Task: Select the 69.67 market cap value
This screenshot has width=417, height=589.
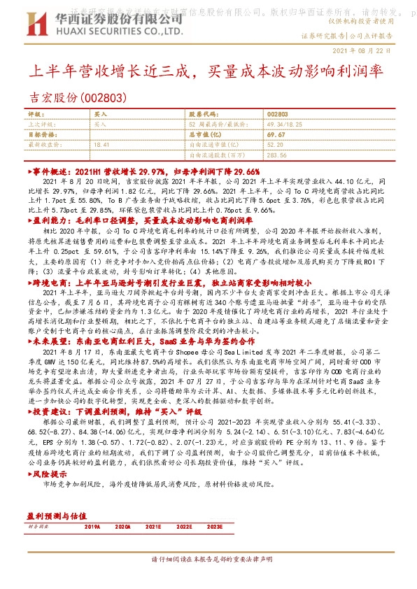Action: (x=276, y=133)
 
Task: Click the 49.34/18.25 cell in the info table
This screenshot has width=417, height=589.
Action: (x=283, y=123)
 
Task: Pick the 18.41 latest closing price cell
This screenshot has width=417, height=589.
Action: (x=102, y=143)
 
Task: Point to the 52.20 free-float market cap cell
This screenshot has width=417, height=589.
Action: (x=274, y=143)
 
